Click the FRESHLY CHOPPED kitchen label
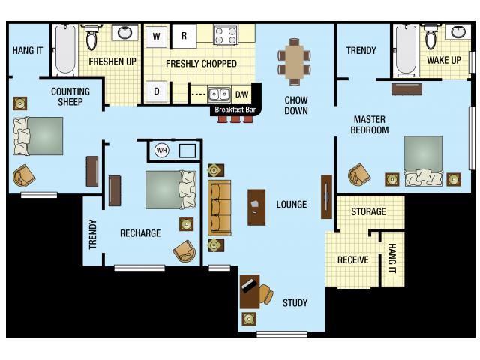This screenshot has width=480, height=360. [201, 64]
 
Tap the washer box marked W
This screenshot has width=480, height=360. [156, 36]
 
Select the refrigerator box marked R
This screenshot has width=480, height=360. [184, 36]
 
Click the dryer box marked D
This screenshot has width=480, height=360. [156, 91]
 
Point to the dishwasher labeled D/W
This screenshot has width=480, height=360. [241, 94]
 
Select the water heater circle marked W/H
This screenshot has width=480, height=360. [161, 150]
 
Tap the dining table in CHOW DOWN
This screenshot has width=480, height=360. [293, 60]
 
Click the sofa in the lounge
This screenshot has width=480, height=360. [220, 208]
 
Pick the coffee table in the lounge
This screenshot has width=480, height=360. [256, 207]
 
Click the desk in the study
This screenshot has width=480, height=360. [250, 291]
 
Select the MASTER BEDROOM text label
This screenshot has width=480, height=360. [370, 124]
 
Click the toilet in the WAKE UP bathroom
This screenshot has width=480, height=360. [431, 37]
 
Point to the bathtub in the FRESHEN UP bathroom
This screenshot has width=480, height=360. [65, 51]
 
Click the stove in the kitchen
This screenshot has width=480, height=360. [225, 34]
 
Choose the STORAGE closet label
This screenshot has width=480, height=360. [368, 212]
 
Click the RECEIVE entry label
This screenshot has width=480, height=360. [352, 260]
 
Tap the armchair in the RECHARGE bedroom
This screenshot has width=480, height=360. [184, 251]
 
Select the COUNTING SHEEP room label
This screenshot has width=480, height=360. [70, 97]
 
